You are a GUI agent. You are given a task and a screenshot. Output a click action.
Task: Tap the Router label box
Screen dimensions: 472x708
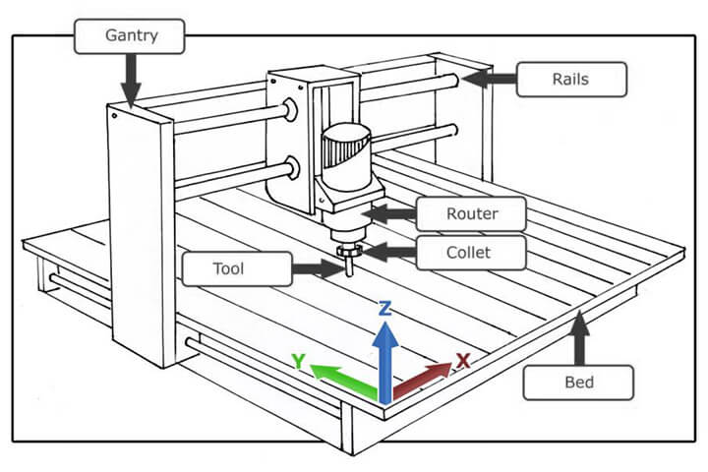[x=471, y=212]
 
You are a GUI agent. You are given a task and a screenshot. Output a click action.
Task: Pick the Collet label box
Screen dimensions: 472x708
[x=469, y=253]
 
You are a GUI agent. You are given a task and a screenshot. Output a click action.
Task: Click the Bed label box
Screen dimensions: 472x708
[x=578, y=381]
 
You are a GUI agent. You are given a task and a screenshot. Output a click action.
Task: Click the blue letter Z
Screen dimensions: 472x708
[x=385, y=308]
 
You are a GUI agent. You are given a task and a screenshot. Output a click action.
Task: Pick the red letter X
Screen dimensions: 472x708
[x=463, y=360]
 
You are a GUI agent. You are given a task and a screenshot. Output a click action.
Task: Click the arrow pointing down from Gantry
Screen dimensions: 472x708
[x=131, y=79]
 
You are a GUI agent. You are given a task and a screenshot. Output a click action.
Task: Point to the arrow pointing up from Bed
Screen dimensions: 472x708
[x=580, y=334]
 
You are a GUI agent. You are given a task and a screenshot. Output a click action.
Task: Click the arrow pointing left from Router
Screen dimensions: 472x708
[x=388, y=212]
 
